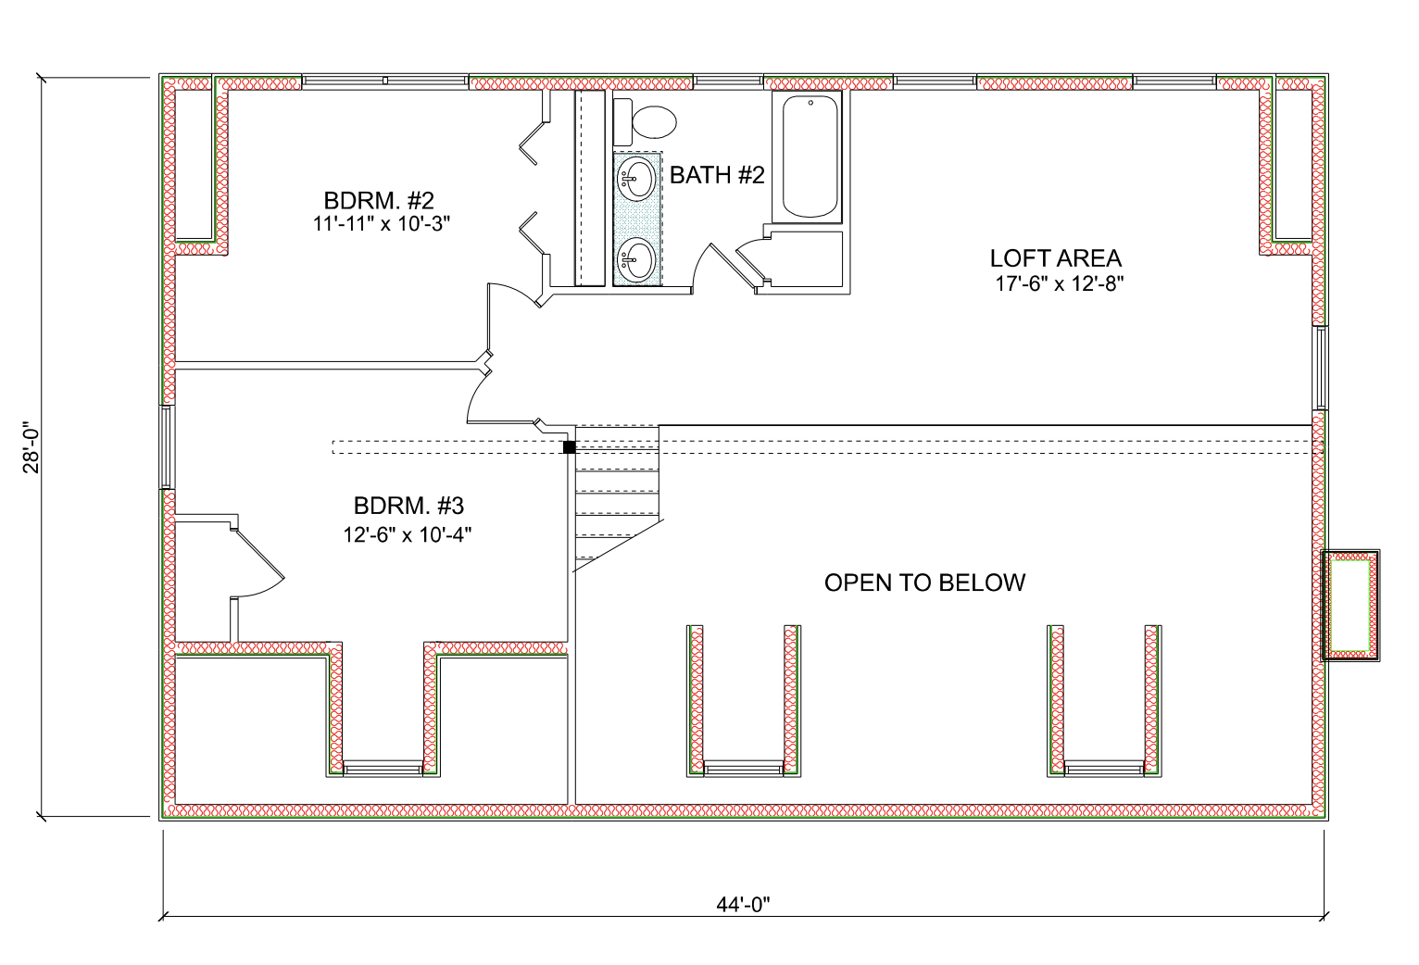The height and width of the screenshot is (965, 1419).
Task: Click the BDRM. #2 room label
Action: pos(379,201)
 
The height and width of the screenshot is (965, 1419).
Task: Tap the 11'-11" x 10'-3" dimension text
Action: pos(382,223)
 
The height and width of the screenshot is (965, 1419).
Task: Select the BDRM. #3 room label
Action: pos(408,506)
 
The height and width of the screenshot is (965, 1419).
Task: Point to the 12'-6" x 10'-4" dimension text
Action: pos(408,535)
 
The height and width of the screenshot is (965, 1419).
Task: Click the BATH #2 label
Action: pos(717,175)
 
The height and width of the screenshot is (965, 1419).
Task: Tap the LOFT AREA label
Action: pos(1055,258)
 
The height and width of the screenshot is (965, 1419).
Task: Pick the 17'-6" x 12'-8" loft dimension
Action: pos(1060,283)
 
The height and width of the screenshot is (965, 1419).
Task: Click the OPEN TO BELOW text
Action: pos(924,583)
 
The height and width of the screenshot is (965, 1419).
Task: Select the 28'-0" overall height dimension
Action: pos(31,447)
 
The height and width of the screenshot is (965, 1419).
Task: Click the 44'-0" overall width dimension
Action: pos(743,904)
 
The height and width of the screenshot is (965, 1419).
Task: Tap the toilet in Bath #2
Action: pos(645,122)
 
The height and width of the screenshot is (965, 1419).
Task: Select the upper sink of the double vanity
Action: pos(636,179)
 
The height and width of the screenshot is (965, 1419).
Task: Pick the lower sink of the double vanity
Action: pos(636,259)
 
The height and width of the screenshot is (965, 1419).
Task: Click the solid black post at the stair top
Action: pos(570,447)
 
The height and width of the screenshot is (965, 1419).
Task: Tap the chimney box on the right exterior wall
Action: pos(1350,606)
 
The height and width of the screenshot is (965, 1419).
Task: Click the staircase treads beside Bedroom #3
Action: pos(617,494)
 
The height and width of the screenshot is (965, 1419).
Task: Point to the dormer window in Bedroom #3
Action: pos(383,769)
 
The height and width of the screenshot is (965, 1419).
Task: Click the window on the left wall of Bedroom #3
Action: pos(166,447)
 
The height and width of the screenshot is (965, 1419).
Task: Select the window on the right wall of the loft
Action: pos(1321,368)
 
